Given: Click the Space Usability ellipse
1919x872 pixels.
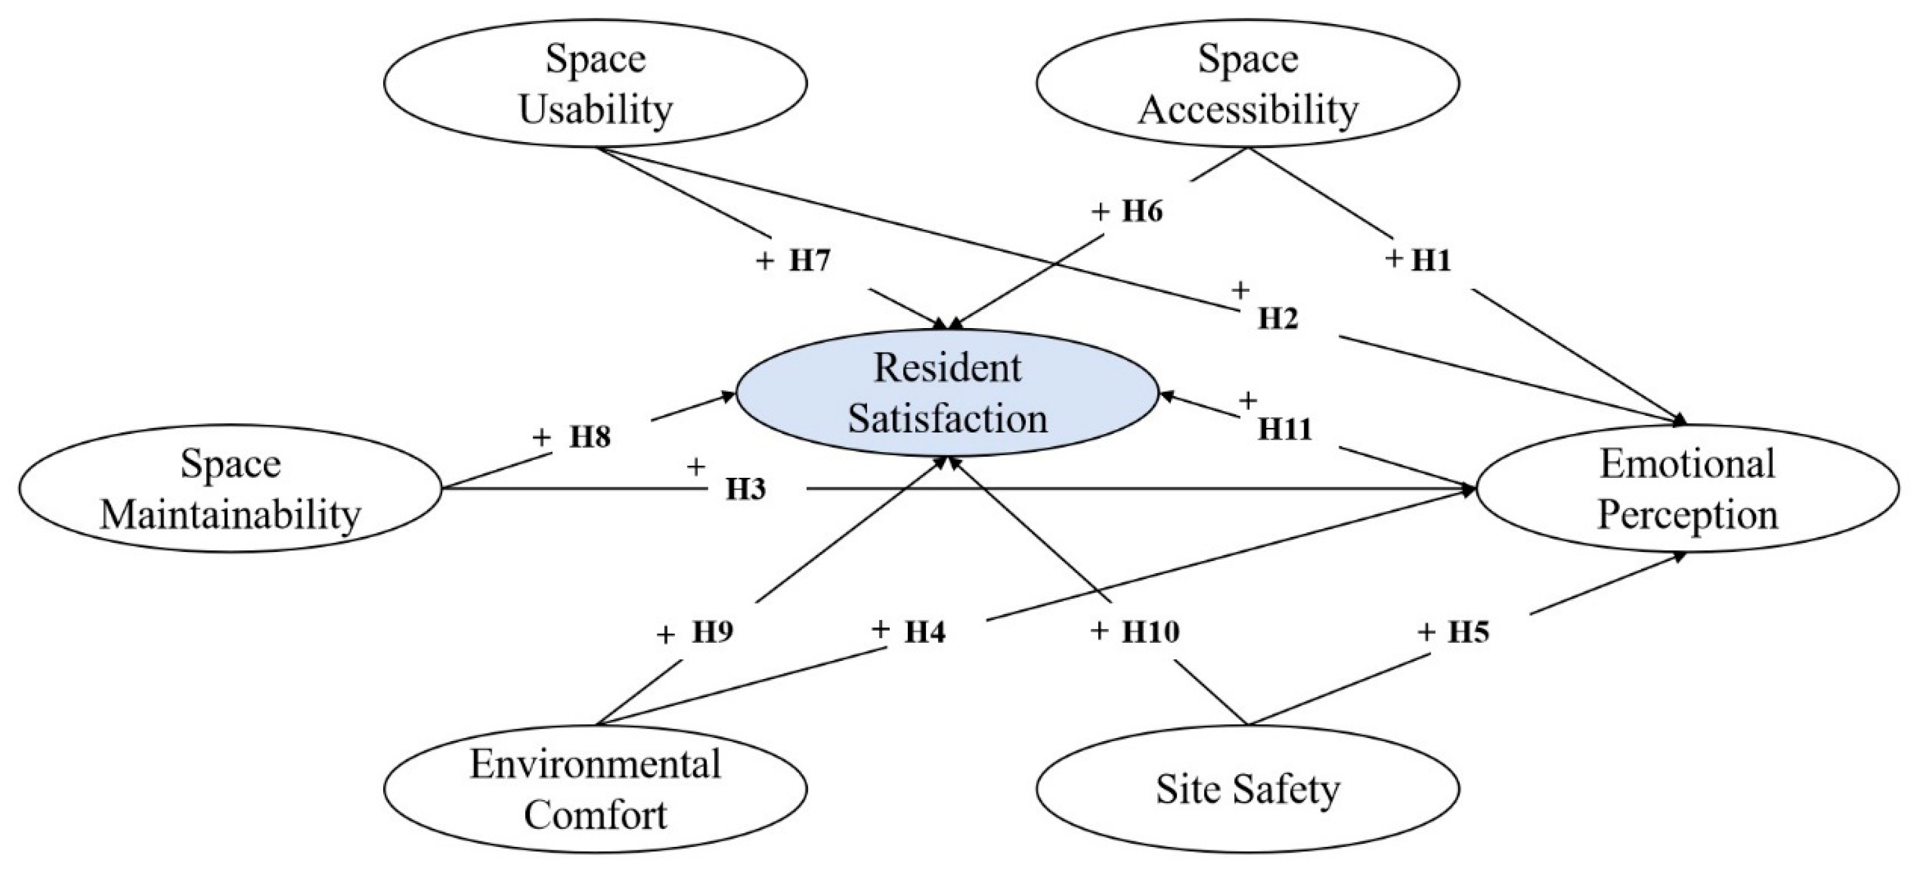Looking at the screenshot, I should (x=595, y=84).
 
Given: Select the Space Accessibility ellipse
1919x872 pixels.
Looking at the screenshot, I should (x=1248, y=84).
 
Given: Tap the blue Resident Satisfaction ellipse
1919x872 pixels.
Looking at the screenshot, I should (x=948, y=392).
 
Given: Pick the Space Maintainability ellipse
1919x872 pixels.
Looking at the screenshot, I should (x=230, y=488).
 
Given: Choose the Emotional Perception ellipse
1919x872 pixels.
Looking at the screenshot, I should (x=1687, y=488).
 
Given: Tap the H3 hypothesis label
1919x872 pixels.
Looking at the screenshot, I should (x=746, y=490).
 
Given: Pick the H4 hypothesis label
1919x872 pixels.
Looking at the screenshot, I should (x=925, y=632).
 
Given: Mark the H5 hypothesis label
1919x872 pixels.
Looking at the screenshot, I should (x=1468, y=632).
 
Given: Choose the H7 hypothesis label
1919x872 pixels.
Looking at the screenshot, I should (x=809, y=261).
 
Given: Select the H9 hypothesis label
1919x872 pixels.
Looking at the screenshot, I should (x=713, y=632).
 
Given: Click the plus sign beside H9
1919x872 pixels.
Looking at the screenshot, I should (x=665, y=635).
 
